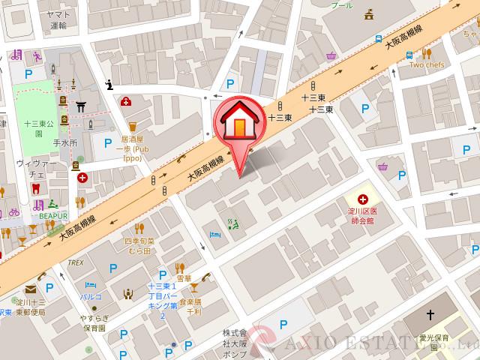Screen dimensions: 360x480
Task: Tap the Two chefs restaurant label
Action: tap(427, 65)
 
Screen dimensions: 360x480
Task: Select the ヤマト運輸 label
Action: tap(58, 20)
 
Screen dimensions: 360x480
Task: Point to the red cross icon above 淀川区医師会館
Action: tap(363, 199)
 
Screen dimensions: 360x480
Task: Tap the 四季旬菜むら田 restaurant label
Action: tap(139, 245)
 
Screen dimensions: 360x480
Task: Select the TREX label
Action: tap(75, 262)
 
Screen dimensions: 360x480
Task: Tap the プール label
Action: tap(341, 4)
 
